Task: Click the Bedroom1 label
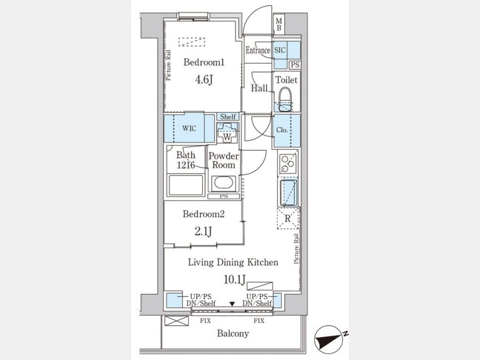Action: pos(204,62)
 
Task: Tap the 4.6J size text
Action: pos(204,80)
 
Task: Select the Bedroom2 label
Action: pos(204,214)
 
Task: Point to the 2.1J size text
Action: pos(203,232)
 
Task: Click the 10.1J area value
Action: pos(235,279)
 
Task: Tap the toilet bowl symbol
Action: pos(285,99)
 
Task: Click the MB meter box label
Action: pos(279,25)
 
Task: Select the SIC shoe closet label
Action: pos(280,50)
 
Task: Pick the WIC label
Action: pos(189,128)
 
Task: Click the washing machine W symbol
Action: pos(227,133)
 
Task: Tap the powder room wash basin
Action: pos(224,183)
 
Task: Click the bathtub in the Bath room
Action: pos(186,185)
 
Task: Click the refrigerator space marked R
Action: pos(288,218)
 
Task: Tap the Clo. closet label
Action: pos(282,130)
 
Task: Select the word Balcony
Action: pos(233,333)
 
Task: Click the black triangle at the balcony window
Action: pos(233,303)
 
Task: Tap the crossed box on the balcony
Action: pos(177,321)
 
